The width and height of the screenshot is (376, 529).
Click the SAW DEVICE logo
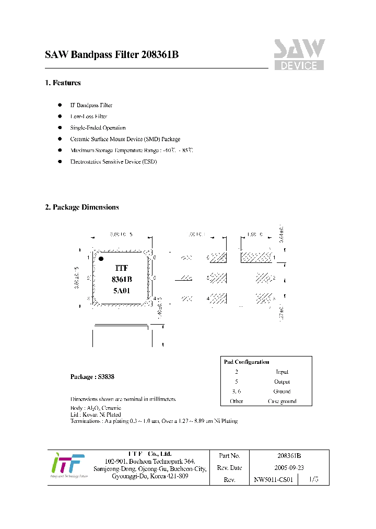pyautogui.click(x=299, y=55)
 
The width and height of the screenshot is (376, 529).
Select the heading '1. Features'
pyautogui.click(x=63, y=83)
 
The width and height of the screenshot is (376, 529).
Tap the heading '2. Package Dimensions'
pyautogui.click(x=82, y=207)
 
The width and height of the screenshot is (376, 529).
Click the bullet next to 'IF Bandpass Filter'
pyautogui.click(x=60, y=105)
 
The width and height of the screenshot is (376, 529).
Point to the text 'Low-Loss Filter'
pyautogui.click(x=89, y=117)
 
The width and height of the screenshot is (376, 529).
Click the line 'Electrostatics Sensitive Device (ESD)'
pyautogui.click(x=113, y=162)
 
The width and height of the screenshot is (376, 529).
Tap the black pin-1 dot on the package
pyautogui.click(x=101, y=258)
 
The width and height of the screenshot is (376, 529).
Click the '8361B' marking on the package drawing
pyautogui.click(x=122, y=279)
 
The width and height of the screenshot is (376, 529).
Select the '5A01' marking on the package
pyautogui.click(x=122, y=291)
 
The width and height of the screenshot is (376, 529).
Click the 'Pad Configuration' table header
pyautogui.click(x=246, y=362)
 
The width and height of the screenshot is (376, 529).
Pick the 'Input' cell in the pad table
pyautogui.click(x=282, y=372)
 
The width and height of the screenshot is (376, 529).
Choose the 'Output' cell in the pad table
pyautogui.click(x=282, y=382)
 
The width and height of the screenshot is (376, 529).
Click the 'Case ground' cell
pyautogui.click(x=282, y=401)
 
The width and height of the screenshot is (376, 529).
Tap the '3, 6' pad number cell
pyautogui.click(x=237, y=391)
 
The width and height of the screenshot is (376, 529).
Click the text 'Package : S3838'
pyautogui.click(x=92, y=376)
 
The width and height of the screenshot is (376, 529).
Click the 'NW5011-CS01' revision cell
pyautogui.click(x=274, y=479)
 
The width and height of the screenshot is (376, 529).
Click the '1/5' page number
pyautogui.click(x=313, y=479)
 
